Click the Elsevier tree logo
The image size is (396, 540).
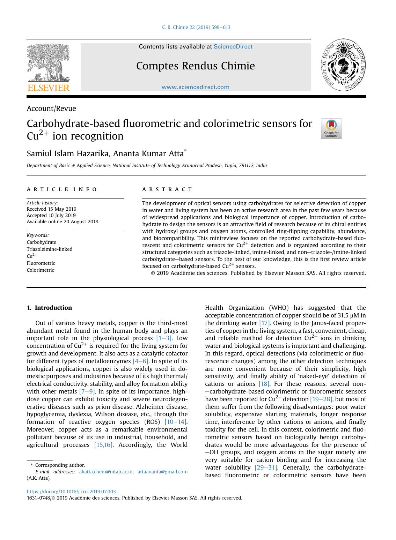click(48, 67)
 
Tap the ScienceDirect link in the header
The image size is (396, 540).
click(233, 47)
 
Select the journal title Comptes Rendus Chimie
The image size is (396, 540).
click(195, 66)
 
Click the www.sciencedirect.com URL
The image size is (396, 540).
click(195, 87)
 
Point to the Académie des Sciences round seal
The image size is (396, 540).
click(343, 65)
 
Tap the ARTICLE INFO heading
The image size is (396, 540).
click(62, 189)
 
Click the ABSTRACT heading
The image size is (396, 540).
click(167, 189)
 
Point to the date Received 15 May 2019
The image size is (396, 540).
click(51, 209)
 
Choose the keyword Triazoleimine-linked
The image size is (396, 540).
click(50, 249)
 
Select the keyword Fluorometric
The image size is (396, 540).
click(41, 263)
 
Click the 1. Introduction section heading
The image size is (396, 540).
click(49, 308)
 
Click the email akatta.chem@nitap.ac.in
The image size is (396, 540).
click(106, 472)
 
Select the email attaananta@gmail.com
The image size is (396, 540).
click(162, 472)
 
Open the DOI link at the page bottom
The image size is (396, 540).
click(71, 492)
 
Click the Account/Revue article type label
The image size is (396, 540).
click(51, 108)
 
